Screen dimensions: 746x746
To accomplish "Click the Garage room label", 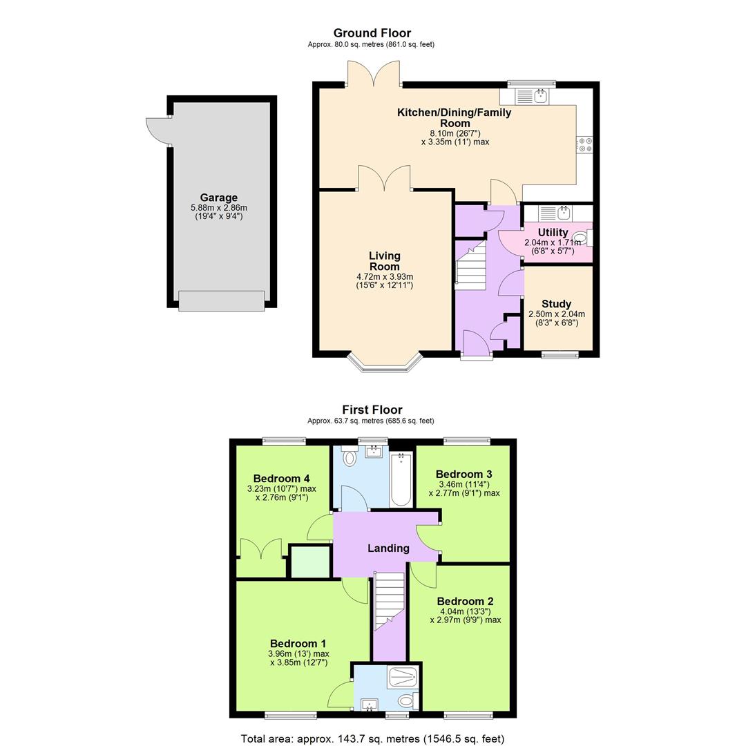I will click(x=218, y=198).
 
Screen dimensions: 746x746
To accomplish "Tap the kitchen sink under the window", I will click(x=533, y=97).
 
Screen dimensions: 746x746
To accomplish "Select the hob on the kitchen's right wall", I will click(x=584, y=144).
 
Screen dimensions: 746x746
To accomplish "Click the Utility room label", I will click(x=553, y=233).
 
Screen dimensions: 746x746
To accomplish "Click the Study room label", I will click(x=556, y=304).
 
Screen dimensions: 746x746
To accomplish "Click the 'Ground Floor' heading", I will click(x=372, y=33).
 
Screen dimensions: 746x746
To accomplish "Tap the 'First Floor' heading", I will click(x=372, y=410).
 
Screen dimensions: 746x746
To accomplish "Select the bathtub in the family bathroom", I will click(x=401, y=479).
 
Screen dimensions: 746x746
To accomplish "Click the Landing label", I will click(x=388, y=548).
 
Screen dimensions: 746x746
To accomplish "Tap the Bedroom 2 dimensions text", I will click(x=466, y=615).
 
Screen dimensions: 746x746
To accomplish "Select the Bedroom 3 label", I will click(x=463, y=474).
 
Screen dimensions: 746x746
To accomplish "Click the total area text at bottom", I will click(x=372, y=738).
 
